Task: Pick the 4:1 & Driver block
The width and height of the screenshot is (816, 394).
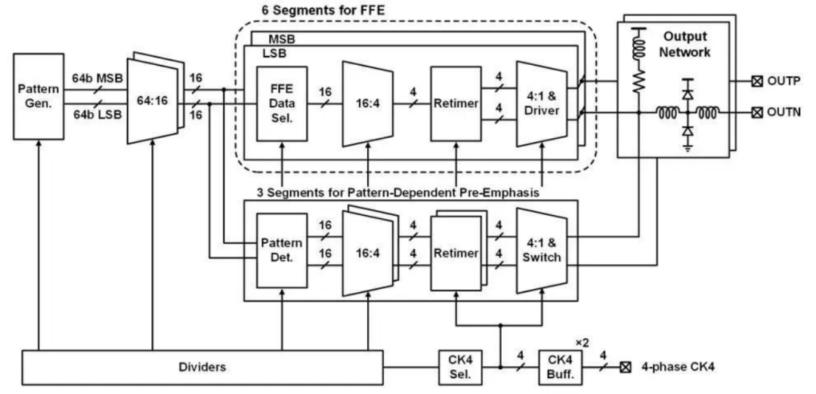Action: click(541, 103)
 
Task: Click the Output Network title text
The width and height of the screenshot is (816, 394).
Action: click(688, 44)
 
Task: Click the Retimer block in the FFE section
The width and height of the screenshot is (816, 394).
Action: click(456, 103)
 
